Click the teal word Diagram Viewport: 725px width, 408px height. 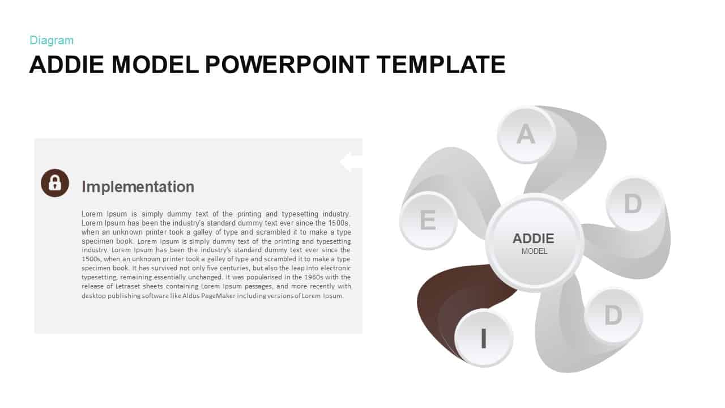tap(52, 40)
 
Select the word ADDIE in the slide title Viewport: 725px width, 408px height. tap(67, 65)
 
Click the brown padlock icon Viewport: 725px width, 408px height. tap(55, 183)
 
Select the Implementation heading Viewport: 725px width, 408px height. tap(138, 186)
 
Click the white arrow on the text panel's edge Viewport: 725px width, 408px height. tap(351, 162)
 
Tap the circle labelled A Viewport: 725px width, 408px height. tap(526, 135)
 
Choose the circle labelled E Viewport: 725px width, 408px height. tap(428, 220)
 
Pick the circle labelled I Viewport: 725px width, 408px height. tap(484, 338)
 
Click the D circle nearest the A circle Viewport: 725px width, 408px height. tap(633, 204)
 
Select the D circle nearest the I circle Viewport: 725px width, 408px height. tap(613, 315)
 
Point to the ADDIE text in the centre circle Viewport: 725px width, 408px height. tap(534, 239)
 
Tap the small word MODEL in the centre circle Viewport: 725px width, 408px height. tap(534, 251)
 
